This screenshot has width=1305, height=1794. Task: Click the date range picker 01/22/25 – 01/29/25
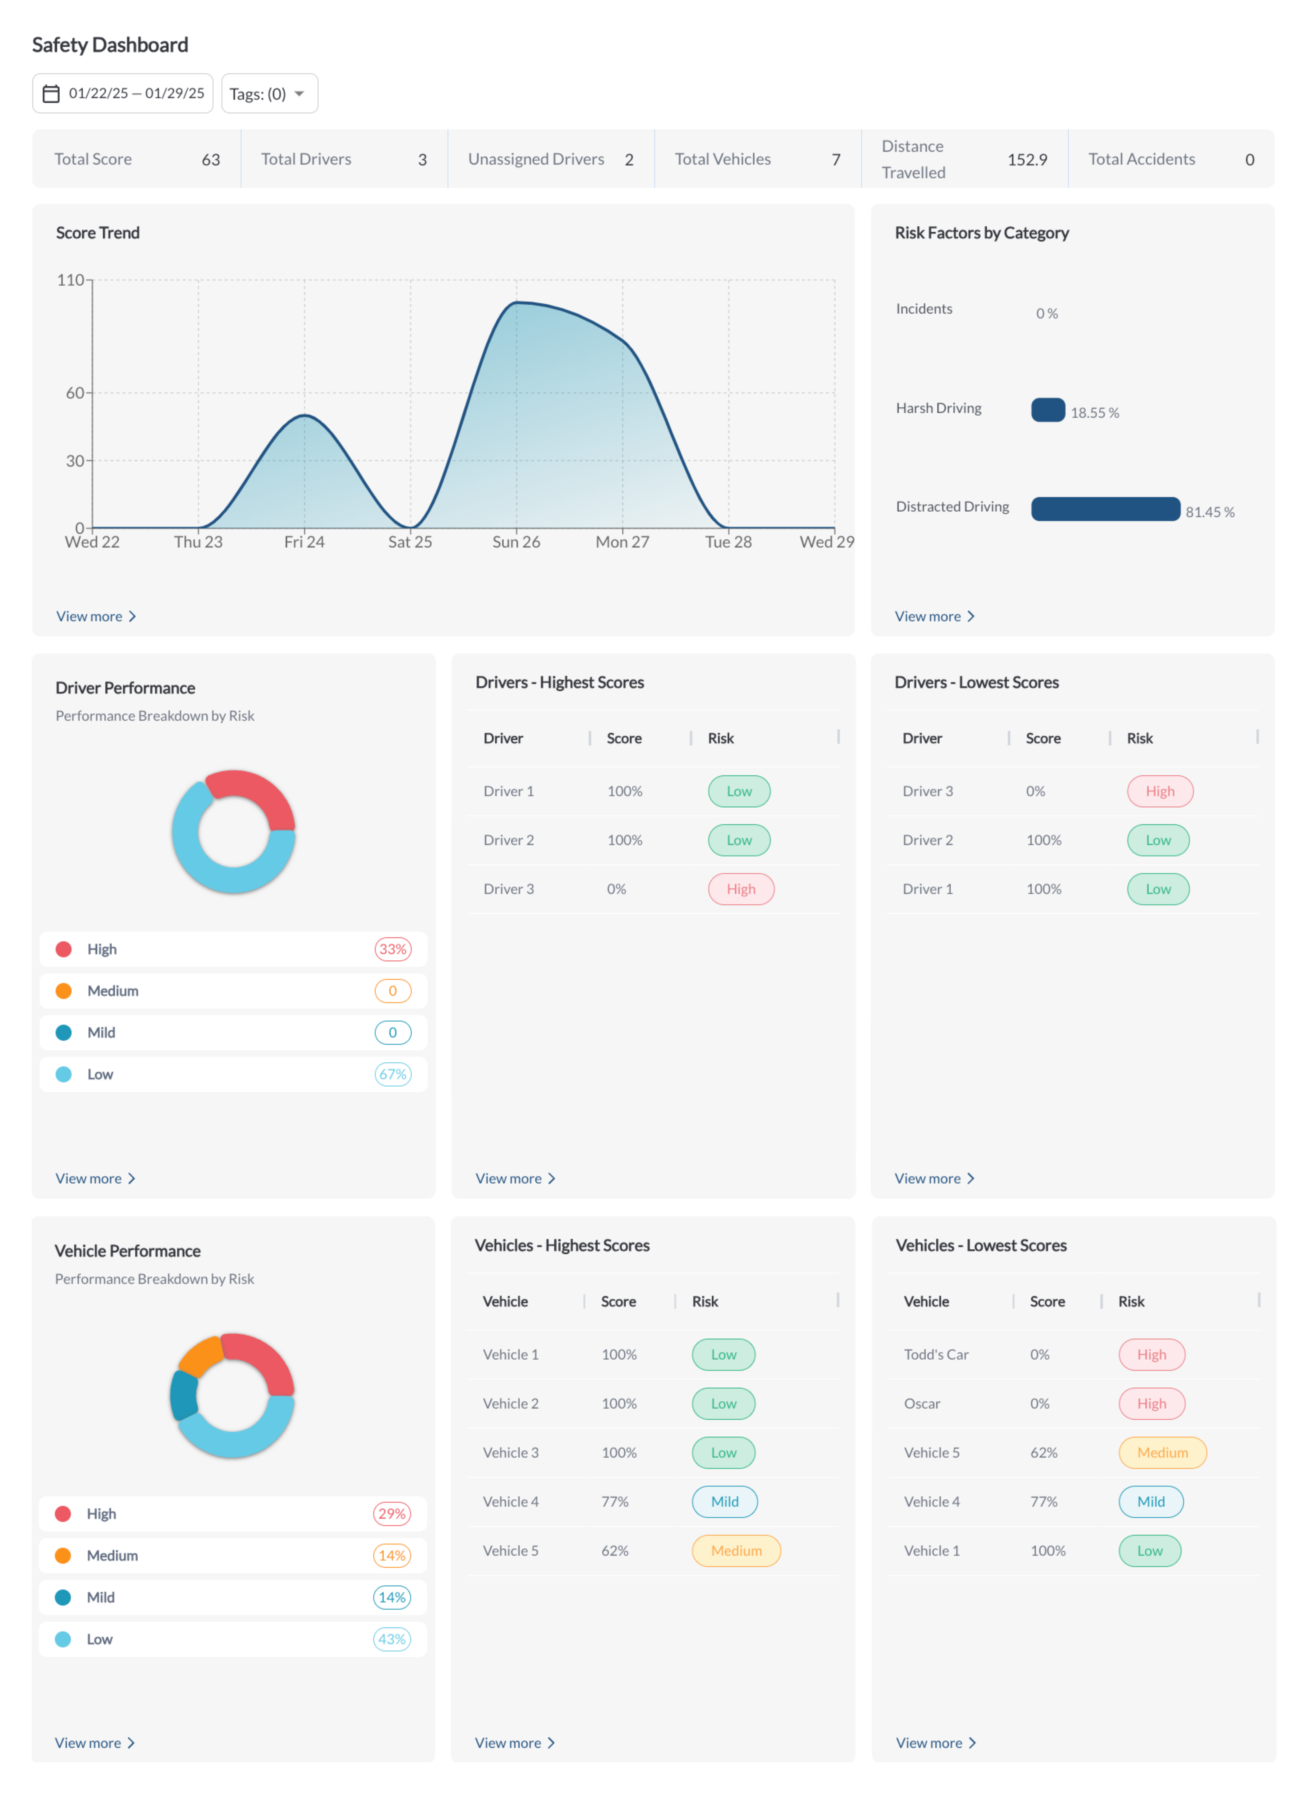(x=123, y=93)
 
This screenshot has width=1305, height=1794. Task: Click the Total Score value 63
(x=210, y=159)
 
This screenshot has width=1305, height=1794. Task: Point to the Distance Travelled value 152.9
(x=1027, y=159)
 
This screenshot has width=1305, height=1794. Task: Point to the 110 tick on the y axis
(x=70, y=280)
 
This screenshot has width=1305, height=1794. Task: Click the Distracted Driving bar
(x=1105, y=509)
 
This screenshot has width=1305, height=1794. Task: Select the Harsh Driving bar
(x=1048, y=410)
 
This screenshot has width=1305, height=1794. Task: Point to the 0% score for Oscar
(x=1039, y=1403)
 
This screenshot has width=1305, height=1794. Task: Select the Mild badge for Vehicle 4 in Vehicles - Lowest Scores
(x=1151, y=1501)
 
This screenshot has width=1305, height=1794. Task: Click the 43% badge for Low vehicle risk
(x=391, y=1639)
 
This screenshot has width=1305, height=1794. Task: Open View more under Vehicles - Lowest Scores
(x=936, y=1743)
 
